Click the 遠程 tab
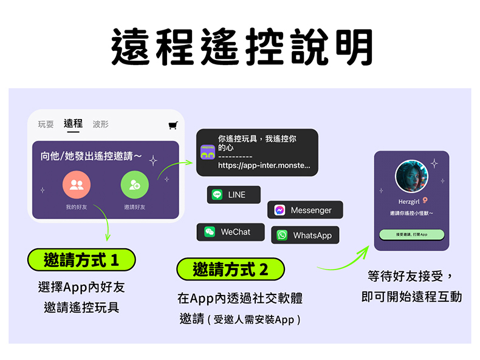(73, 124)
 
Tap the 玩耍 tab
(46, 124)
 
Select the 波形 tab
(101, 124)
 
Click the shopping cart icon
(173, 126)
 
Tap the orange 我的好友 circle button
(77, 185)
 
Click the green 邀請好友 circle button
(134, 185)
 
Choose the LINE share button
(233, 195)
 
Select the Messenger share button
(304, 210)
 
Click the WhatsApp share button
(305, 235)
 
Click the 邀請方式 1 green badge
(81, 260)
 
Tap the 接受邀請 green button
(411, 234)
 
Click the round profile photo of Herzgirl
(411, 177)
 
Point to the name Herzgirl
(408, 201)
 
